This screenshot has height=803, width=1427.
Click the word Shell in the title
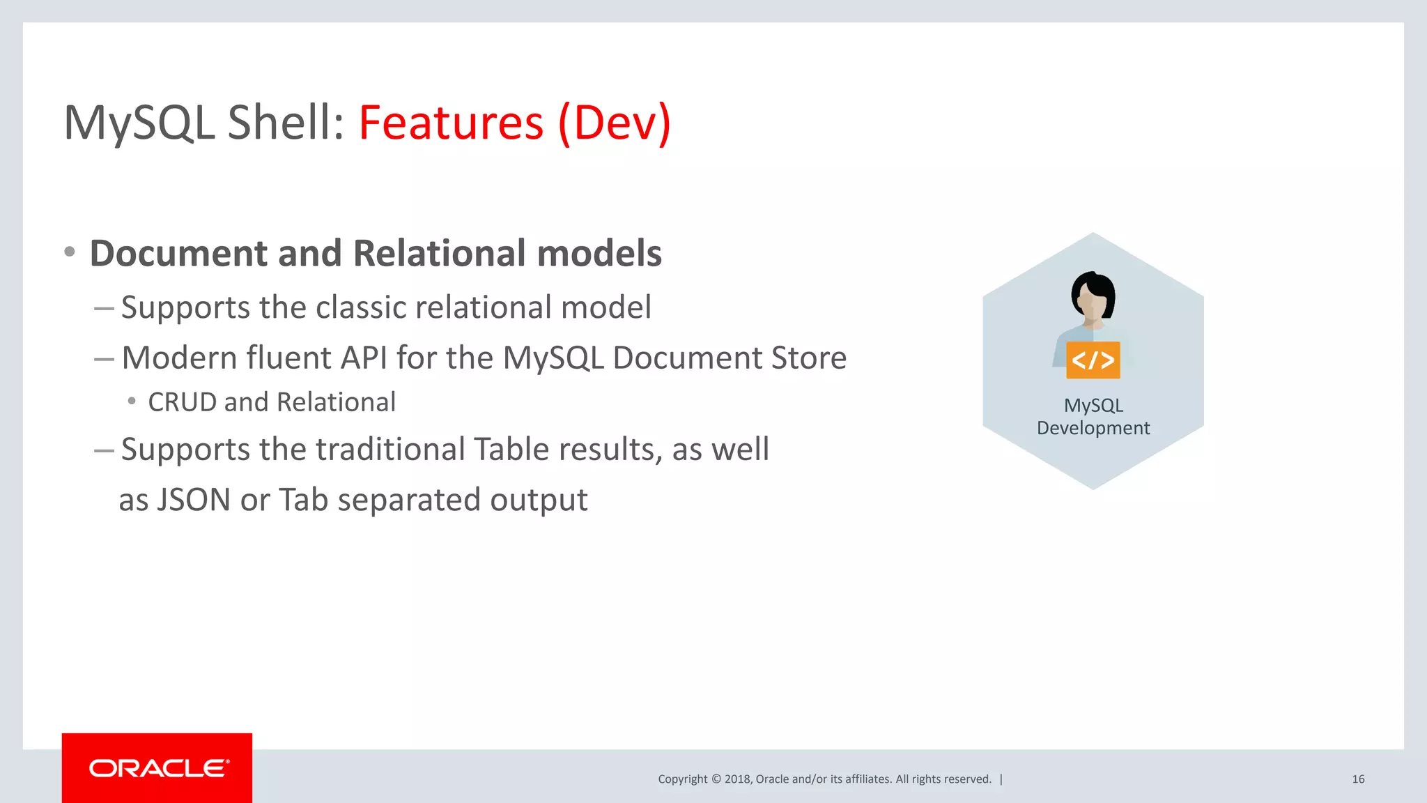[x=286, y=123]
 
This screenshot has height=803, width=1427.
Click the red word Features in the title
[x=451, y=123]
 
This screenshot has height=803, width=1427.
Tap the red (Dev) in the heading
[x=614, y=123]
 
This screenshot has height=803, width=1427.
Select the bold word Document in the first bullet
[x=178, y=253]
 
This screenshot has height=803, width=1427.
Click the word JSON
[x=193, y=500]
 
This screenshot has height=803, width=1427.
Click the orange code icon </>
[x=1093, y=360]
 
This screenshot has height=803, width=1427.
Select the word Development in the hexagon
[x=1093, y=428]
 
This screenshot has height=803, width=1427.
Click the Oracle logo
[x=158, y=768]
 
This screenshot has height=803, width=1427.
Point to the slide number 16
[x=1357, y=779]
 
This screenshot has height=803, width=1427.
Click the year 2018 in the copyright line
[x=736, y=779]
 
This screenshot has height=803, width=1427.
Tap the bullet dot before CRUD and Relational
[x=132, y=401]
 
